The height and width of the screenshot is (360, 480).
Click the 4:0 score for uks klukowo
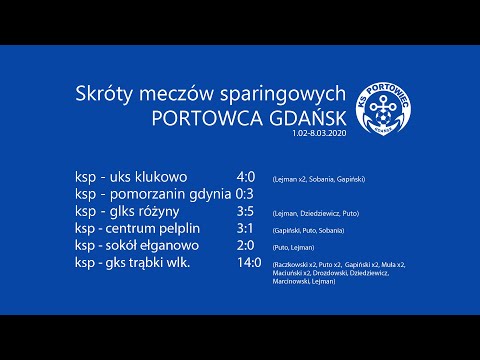pyautogui.click(x=246, y=177)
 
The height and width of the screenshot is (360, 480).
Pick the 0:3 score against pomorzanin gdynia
pyautogui.click(x=246, y=194)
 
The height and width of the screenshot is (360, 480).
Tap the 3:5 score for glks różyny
pyautogui.click(x=246, y=212)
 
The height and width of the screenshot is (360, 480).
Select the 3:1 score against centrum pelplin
pyautogui.click(x=246, y=229)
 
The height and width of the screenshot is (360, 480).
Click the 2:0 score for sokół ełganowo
pyautogui.click(x=246, y=246)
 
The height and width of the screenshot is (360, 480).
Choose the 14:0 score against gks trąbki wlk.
pyautogui.click(x=250, y=263)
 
